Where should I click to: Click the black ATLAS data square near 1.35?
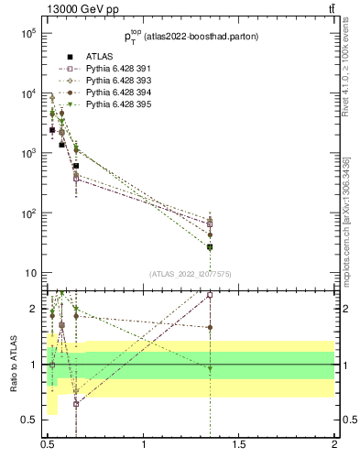point(210,247)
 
